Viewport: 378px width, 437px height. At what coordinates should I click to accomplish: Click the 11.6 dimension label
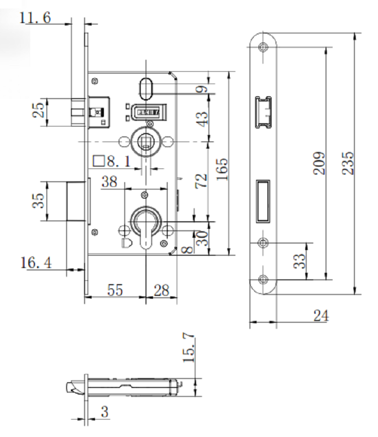coord(35,17)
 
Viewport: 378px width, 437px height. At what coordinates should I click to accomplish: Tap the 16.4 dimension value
coord(36,262)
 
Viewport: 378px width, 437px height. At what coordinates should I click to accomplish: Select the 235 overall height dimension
coord(348,163)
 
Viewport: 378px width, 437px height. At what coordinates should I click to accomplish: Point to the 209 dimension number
coord(319,163)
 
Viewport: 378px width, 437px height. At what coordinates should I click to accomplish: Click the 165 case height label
coord(222,169)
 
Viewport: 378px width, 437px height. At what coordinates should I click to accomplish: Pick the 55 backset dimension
coord(115,290)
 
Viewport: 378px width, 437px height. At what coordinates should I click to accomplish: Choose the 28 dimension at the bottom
coord(162,290)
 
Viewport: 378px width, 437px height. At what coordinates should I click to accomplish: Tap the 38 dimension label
coord(109,182)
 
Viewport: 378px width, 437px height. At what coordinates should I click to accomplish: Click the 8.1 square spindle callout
coord(112,161)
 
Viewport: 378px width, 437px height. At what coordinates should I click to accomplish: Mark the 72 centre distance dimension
coord(201,181)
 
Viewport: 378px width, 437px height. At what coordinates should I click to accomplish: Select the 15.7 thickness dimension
coord(189,348)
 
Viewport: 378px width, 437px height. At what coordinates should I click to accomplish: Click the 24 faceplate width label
coord(321,316)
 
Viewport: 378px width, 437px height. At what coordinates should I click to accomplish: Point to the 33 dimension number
coord(300,261)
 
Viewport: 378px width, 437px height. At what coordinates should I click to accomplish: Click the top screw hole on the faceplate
coord(263,47)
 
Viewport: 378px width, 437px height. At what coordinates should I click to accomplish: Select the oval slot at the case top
coord(146,89)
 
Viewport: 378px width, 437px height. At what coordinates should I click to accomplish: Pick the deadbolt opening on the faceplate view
coord(263,202)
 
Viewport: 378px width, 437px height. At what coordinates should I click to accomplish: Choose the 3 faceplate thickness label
coord(104,412)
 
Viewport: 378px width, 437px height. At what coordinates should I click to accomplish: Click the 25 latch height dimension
coord(38,110)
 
